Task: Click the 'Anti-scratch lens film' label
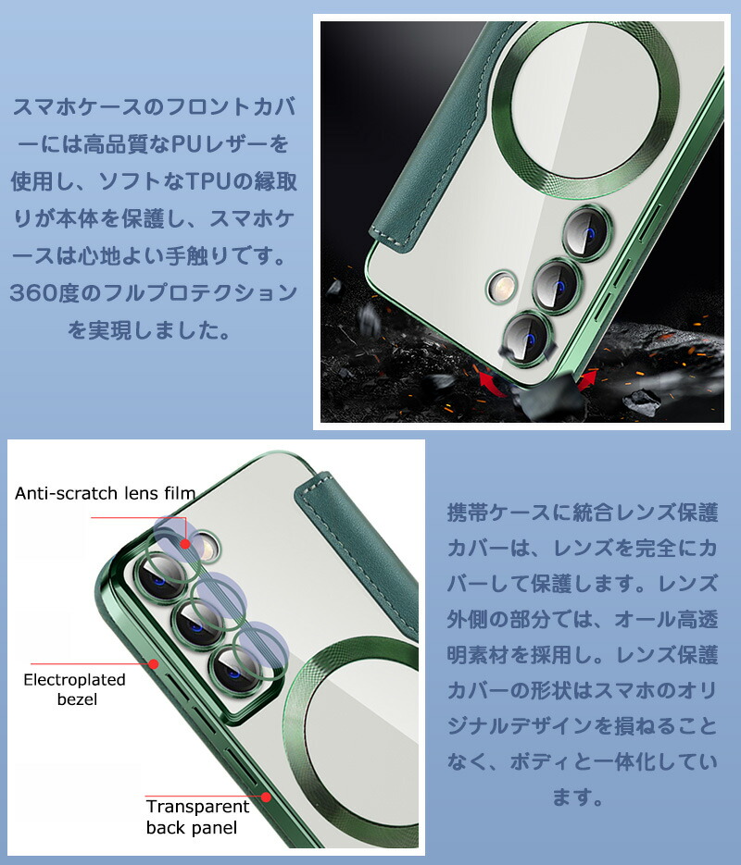(105, 492)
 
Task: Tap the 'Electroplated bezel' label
(74, 689)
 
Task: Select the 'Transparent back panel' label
(197, 817)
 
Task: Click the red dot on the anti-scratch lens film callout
(185, 544)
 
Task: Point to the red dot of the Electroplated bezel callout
(154, 663)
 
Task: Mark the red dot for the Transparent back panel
(266, 797)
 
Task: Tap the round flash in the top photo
(502, 287)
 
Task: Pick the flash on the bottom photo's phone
(206, 548)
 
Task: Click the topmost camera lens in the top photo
(587, 232)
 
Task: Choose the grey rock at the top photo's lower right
(642, 402)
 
